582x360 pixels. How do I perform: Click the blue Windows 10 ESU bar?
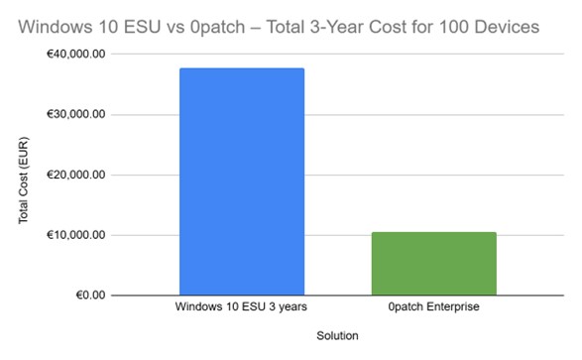[x=242, y=181]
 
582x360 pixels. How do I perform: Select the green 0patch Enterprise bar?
[x=434, y=264]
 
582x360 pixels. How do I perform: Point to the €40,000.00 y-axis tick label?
[x=75, y=55]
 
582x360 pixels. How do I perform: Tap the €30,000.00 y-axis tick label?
[x=75, y=114]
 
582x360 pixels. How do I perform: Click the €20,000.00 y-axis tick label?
[x=75, y=175]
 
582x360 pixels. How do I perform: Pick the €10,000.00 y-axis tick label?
[x=75, y=235]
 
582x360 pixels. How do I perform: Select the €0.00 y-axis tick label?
[x=90, y=296]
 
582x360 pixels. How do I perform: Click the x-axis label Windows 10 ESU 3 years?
[x=241, y=306]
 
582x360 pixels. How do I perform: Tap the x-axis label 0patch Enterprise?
[x=434, y=306]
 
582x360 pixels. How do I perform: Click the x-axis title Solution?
[x=337, y=336]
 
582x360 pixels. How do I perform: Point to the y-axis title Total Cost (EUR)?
[x=23, y=180]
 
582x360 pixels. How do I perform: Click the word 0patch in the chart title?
[x=217, y=27]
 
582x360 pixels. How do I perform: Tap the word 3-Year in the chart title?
[x=337, y=27]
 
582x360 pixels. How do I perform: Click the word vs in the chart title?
[x=175, y=28]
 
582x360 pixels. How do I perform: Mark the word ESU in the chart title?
[x=142, y=27]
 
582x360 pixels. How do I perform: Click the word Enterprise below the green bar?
[x=453, y=306]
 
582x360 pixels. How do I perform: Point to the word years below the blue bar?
[x=292, y=307]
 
